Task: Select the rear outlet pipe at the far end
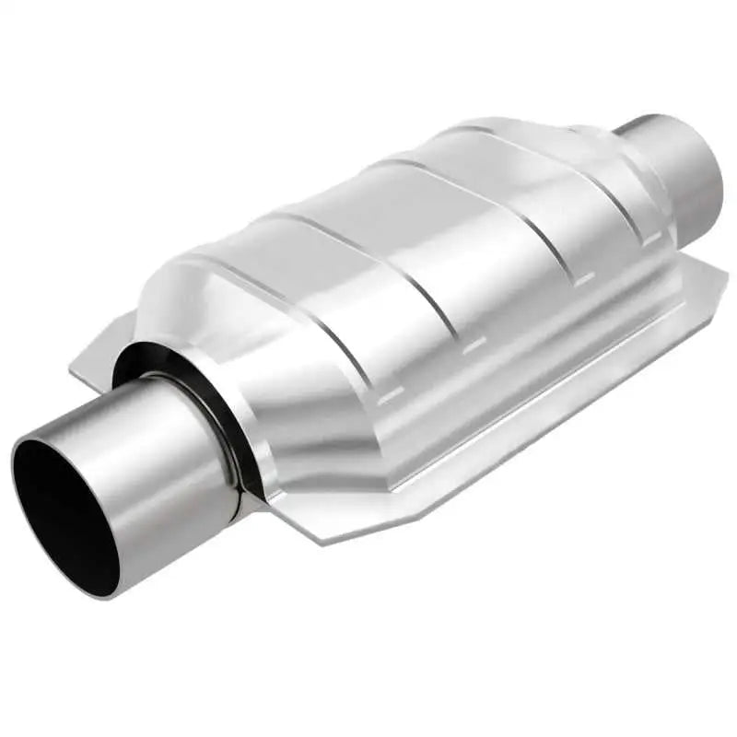[x=677, y=170]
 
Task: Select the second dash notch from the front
[x=474, y=345]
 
